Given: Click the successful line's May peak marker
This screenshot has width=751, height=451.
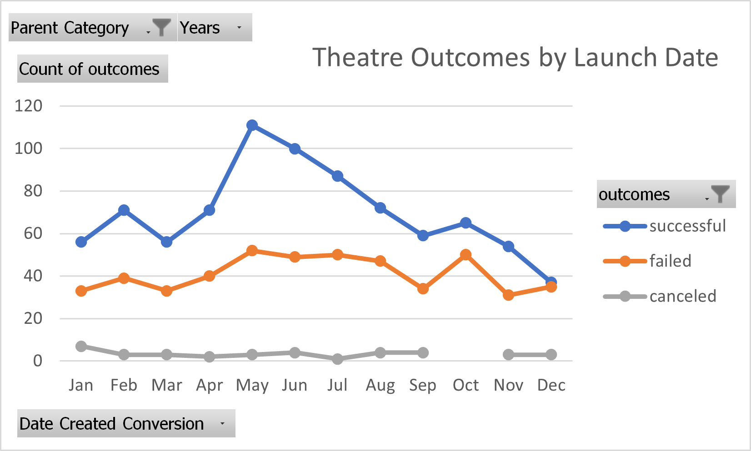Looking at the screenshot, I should coord(252,125).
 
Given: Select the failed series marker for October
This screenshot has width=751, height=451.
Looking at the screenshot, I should coord(466,255).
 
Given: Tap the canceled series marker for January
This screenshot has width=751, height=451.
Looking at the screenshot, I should coord(81,347).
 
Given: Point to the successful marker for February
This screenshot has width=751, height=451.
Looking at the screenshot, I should coord(124,210).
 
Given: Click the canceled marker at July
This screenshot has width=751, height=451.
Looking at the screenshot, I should coord(337,359).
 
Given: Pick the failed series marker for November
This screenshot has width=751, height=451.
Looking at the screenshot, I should coord(508,295).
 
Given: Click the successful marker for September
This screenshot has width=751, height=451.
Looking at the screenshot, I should coord(423,236).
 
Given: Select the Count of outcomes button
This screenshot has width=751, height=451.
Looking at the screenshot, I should coord(93,69).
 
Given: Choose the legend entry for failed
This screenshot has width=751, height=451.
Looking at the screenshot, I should coord(670,261).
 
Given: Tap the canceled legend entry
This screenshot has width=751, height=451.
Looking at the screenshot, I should coord(682,297).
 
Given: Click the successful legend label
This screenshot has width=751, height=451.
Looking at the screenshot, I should coord(687,226).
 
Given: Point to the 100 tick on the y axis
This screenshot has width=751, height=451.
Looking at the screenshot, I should coord(28,149).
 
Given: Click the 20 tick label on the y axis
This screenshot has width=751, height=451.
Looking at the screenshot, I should coord(33,318).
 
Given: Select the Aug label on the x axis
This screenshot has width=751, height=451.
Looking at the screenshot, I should coord(380,385).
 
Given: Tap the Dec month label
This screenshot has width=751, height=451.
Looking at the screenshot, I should coord(551,385).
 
